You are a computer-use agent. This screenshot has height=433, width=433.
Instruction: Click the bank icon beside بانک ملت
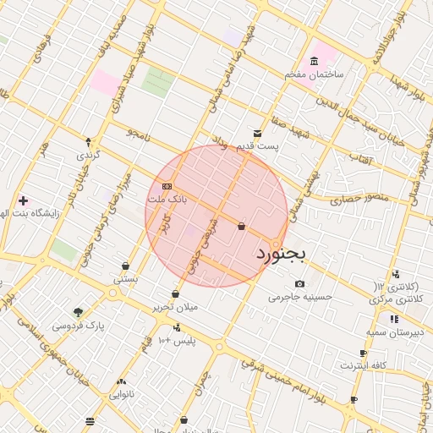[167, 185]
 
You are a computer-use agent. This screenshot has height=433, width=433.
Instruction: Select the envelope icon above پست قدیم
[258, 133]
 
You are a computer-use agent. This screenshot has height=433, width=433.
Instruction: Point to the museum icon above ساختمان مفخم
[315, 62]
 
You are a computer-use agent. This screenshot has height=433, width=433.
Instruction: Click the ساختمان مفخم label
[314, 75]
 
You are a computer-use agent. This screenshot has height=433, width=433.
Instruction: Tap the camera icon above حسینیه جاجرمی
[299, 283]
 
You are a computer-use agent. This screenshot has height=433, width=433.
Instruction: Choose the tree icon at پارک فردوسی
[78, 311]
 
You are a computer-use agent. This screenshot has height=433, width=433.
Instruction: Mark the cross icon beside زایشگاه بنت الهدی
[23, 200]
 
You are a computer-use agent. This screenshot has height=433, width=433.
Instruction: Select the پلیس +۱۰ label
[177, 340]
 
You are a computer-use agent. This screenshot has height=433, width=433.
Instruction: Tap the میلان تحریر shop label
[176, 307]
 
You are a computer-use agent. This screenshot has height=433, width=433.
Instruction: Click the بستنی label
[125, 278]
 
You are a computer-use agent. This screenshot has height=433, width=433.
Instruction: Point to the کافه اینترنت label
[364, 365]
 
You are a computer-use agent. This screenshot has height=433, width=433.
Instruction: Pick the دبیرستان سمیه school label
[394, 332]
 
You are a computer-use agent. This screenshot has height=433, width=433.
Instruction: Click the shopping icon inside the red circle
[242, 226]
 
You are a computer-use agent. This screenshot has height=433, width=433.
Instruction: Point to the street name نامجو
[137, 134]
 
